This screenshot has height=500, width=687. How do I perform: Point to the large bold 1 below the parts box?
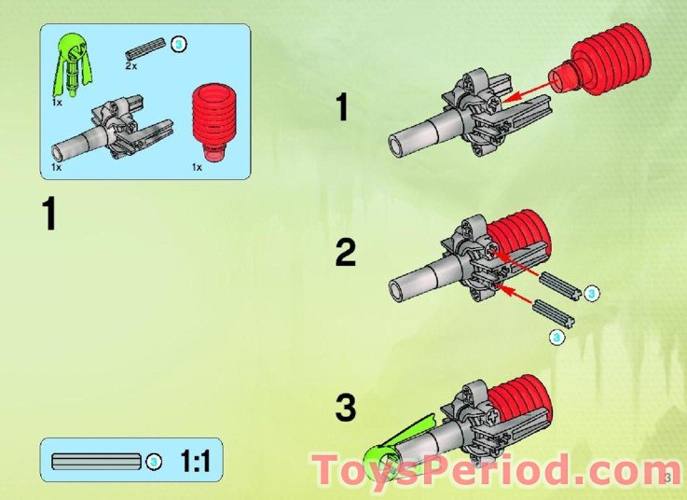coord(48,215)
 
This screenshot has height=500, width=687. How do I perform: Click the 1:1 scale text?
coord(196,461)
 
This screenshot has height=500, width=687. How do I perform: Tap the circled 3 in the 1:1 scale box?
coord(154,461)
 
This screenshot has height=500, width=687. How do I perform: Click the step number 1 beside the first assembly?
coord(342,109)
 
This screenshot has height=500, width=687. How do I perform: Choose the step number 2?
coord(345,254)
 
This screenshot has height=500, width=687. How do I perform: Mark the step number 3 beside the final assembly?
coord(345,408)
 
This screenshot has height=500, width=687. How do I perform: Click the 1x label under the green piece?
coord(57,101)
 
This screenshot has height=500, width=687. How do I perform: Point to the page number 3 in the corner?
coord(668,479)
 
